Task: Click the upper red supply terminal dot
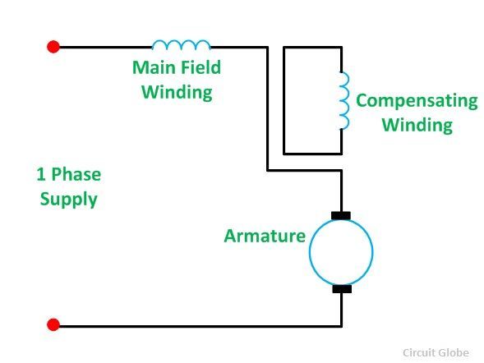(x=53, y=47)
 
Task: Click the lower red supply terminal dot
(x=53, y=324)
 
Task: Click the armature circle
(x=309, y=251)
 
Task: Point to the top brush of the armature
(x=341, y=215)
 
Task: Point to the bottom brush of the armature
(x=342, y=289)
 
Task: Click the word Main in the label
(x=154, y=67)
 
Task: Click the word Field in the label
(x=201, y=67)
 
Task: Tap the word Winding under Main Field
(x=177, y=92)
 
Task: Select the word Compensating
(x=417, y=101)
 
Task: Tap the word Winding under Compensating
(x=417, y=125)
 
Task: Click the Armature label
(x=265, y=237)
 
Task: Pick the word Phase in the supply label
(x=76, y=175)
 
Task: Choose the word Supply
(x=68, y=200)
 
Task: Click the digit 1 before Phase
(x=41, y=175)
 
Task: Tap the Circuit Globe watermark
(x=436, y=352)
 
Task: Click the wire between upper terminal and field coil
(x=105, y=47)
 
